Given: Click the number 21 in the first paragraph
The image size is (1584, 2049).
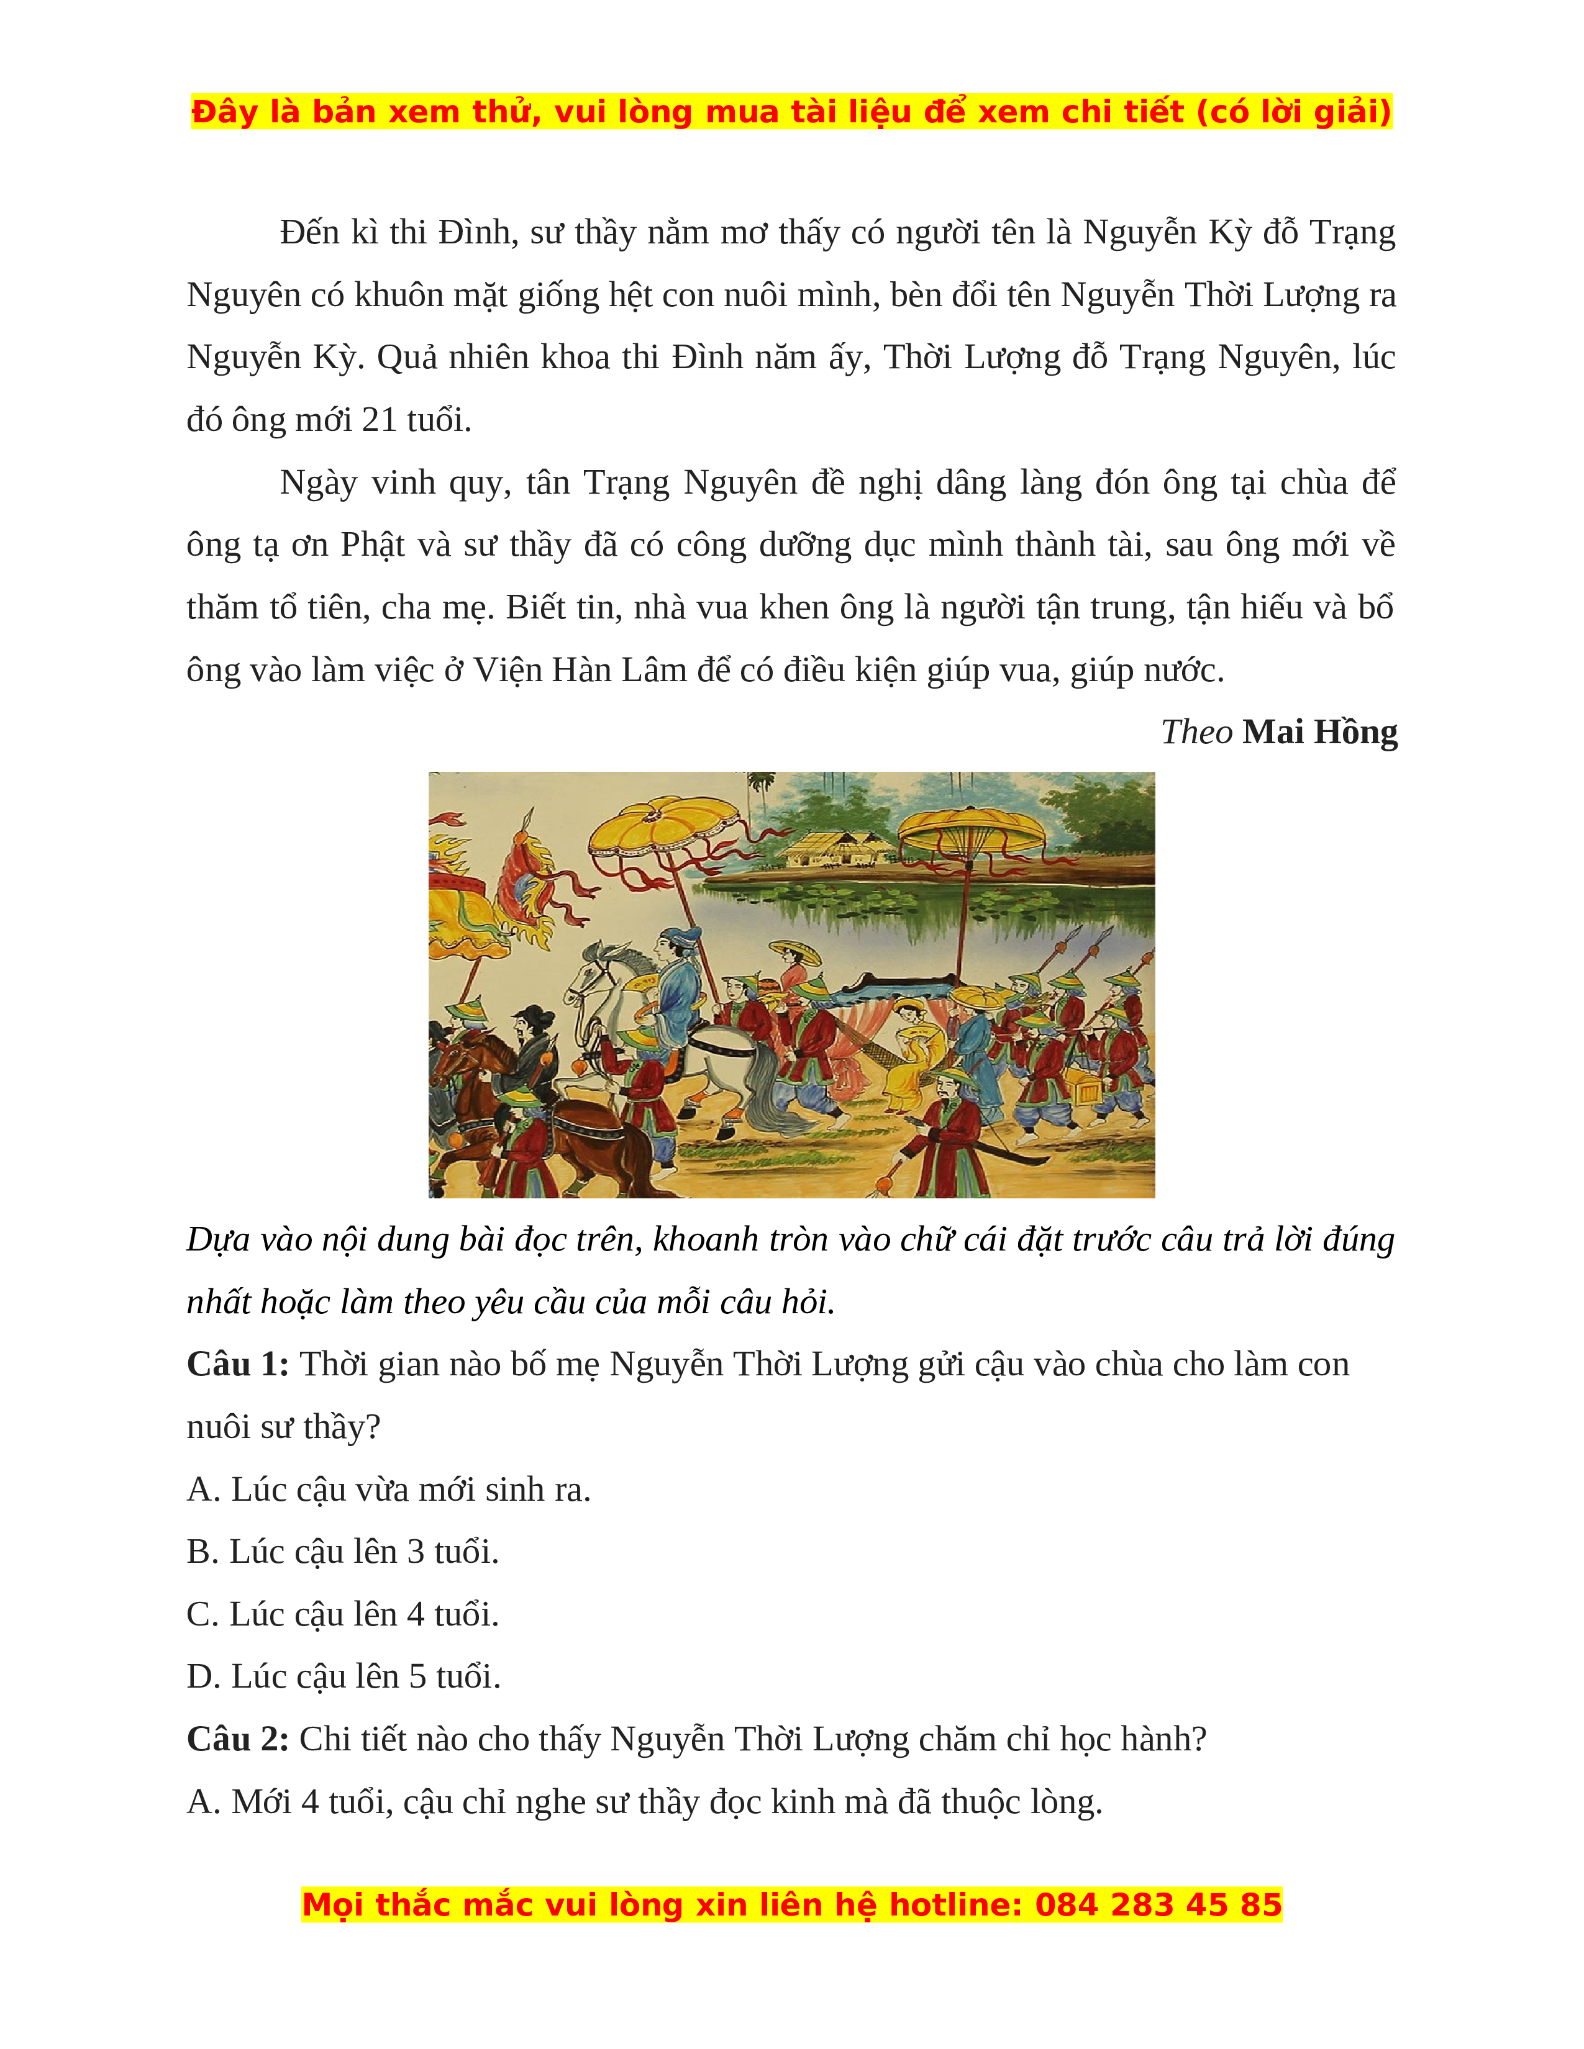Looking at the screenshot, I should [x=379, y=420].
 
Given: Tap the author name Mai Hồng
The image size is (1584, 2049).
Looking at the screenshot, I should [x=1319, y=733].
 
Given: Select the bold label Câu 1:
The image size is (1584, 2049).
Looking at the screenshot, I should [x=237, y=1365].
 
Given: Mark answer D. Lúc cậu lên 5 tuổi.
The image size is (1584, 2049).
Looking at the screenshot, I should [x=344, y=1678].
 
